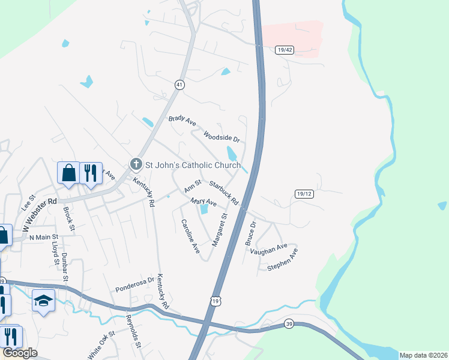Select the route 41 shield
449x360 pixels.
point(179,85)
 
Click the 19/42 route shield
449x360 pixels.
point(285,50)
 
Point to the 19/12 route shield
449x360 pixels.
point(305,194)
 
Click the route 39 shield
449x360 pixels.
point(289,324)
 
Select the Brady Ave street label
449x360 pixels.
point(182,121)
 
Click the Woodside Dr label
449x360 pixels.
point(221,137)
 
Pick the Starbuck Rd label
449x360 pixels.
point(224,192)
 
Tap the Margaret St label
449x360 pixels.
point(220,229)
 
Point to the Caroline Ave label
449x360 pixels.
point(190,236)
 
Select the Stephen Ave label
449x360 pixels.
point(283,262)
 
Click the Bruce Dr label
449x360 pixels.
point(251,235)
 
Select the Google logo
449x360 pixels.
point(20,353)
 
